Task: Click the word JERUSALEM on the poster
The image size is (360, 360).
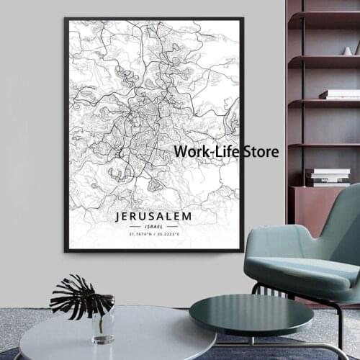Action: click(151, 215)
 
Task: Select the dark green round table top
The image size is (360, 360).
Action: click(240, 314)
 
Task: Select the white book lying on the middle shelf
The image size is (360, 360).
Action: click(339, 94)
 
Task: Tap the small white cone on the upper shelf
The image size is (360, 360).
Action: click(347, 50)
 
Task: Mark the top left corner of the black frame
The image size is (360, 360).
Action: click(66, 19)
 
